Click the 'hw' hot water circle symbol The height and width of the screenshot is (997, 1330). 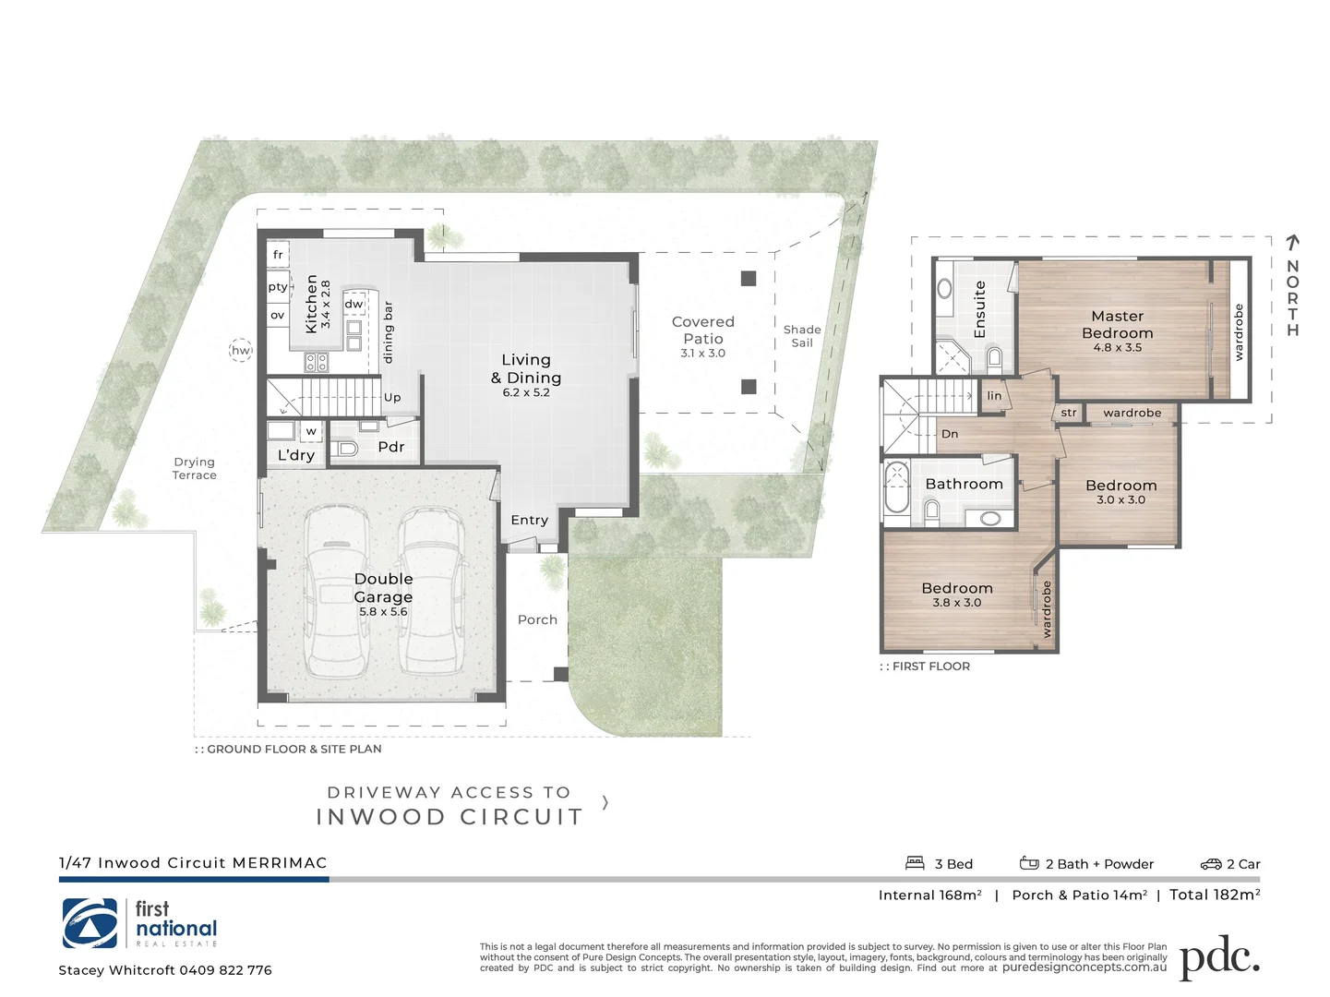(240, 350)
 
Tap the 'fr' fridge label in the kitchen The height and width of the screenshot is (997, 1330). (278, 255)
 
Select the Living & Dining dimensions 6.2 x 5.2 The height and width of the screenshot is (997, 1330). (526, 392)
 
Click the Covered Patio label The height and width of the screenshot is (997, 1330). (703, 330)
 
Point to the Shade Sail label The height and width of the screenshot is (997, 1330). (801, 336)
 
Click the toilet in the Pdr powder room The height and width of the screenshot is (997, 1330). (346, 449)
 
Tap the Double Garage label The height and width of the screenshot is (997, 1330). (383, 587)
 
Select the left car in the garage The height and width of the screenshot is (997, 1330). (338, 591)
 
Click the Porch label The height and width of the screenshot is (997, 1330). (537, 619)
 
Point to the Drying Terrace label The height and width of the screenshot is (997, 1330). (194, 468)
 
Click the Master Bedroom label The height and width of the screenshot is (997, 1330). (1117, 324)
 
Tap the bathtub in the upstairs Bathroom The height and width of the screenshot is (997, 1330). (896, 488)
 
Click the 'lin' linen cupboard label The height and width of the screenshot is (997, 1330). (994, 396)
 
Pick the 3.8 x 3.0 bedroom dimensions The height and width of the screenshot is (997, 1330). (956, 603)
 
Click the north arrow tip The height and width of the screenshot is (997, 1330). (1293, 238)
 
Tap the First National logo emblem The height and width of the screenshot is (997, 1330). (90, 923)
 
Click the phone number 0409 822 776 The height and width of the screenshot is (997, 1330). (225, 970)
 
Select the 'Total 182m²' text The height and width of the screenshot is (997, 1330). (1214, 895)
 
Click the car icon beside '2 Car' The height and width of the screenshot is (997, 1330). (1210, 864)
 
